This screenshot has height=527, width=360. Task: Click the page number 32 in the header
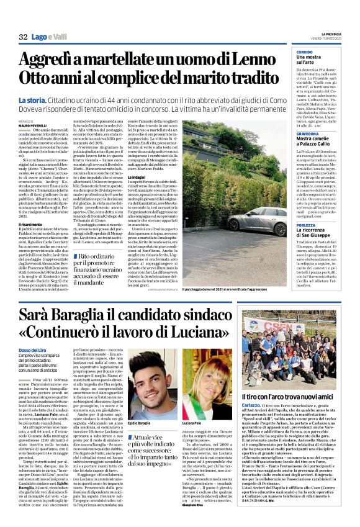24,37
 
